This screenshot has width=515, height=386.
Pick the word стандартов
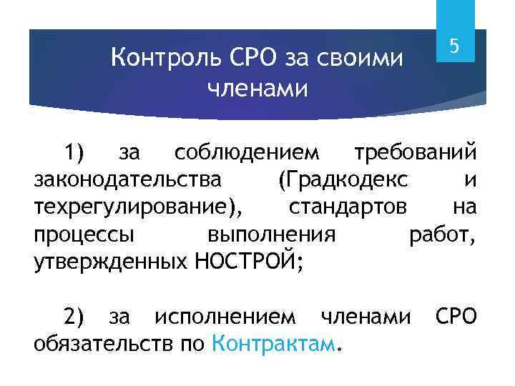[x=348, y=207]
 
